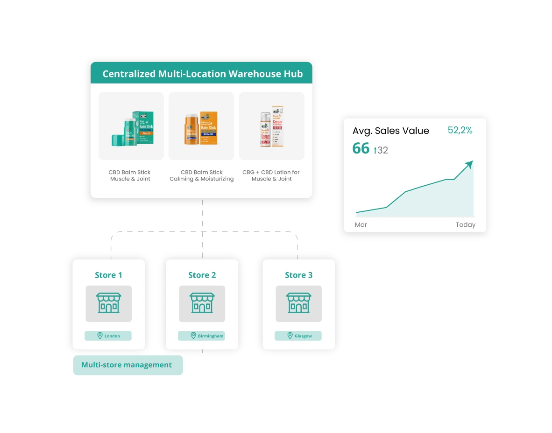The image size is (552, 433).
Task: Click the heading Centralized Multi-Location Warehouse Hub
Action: (x=202, y=74)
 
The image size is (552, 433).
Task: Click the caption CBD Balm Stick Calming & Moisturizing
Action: (x=201, y=175)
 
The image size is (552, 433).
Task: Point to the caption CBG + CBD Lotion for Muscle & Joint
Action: (x=271, y=175)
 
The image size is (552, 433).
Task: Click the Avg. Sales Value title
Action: (x=390, y=131)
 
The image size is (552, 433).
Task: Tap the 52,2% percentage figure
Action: (x=460, y=131)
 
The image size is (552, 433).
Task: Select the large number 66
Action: (x=361, y=148)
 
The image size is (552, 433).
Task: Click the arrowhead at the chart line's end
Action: (x=469, y=164)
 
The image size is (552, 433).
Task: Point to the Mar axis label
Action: (x=361, y=225)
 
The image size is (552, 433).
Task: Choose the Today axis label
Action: (x=465, y=225)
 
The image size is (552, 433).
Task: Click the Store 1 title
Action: (x=108, y=275)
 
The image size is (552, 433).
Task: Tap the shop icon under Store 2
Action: (x=202, y=303)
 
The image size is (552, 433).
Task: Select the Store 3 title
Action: (x=298, y=275)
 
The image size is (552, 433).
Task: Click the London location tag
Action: (x=108, y=336)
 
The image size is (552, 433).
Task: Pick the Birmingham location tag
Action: (x=202, y=336)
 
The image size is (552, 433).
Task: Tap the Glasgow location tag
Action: (x=298, y=336)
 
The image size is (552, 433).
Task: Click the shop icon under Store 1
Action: (x=108, y=303)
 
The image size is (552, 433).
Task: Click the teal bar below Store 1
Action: (x=127, y=366)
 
